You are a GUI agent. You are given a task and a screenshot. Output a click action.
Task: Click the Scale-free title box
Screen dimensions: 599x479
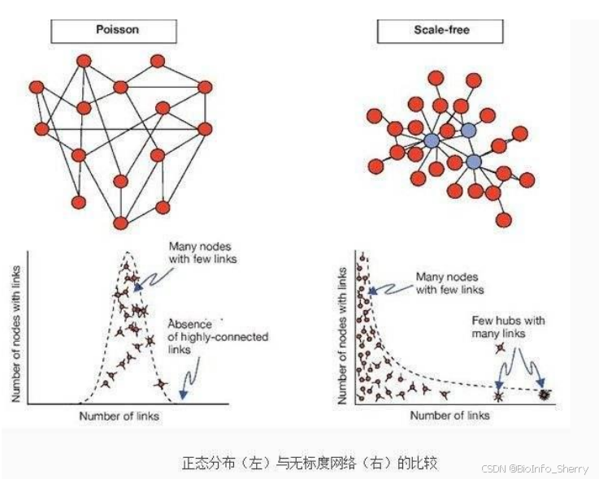(440, 30)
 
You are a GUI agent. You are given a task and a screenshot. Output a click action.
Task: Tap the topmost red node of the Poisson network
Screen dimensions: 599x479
(158, 60)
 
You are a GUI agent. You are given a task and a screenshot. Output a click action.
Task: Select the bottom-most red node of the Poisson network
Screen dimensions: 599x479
(121, 222)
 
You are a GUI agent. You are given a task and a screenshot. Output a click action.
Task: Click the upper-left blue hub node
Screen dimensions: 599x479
(432, 140)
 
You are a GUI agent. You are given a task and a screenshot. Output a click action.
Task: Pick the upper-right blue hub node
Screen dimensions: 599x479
(467, 130)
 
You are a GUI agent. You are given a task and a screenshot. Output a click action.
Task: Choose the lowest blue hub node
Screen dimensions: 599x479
(475, 162)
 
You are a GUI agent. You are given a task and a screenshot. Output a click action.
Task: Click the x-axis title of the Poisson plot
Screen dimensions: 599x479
(119, 416)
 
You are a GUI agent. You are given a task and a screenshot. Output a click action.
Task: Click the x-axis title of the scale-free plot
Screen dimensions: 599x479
(449, 415)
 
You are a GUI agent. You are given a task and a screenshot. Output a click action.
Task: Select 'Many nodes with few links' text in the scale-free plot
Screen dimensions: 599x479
(449, 283)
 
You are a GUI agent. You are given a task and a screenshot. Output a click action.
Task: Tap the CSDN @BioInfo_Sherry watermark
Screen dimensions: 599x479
(537, 468)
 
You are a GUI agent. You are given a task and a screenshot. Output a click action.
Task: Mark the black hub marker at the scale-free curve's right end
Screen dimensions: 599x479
(542, 395)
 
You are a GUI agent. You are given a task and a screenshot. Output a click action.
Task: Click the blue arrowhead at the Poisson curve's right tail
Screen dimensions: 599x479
(182, 395)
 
